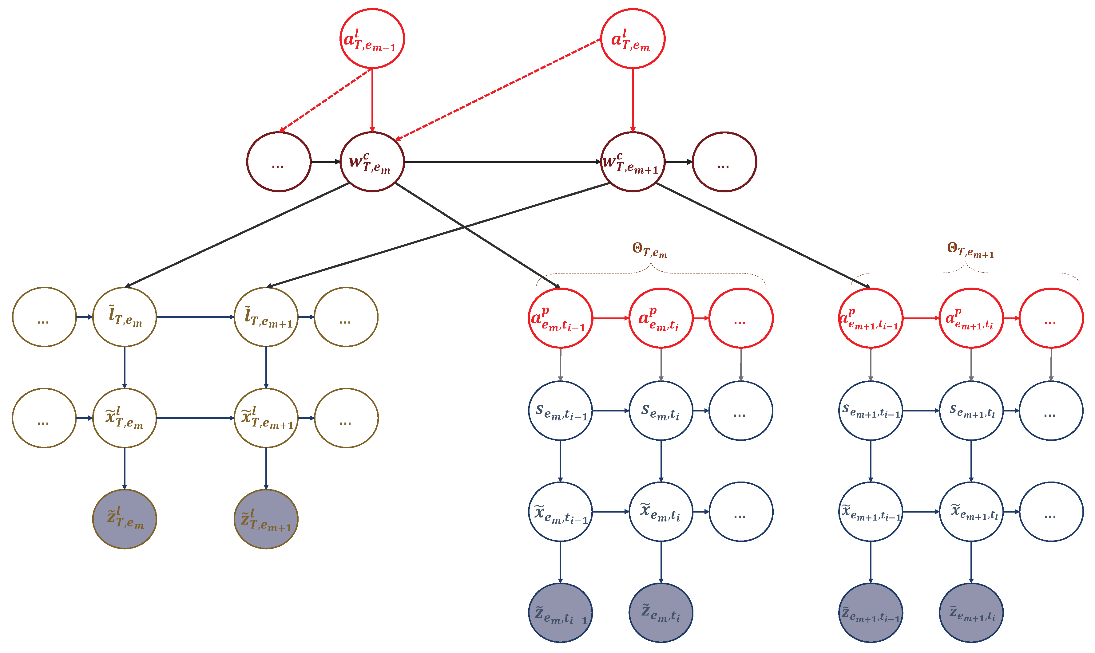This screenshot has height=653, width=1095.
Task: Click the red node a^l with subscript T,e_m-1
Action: [x=372, y=39]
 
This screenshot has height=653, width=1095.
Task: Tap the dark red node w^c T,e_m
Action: [x=372, y=162]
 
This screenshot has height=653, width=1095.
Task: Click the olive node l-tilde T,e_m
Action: [x=125, y=317]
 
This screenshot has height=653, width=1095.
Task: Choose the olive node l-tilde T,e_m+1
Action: [x=266, y=317]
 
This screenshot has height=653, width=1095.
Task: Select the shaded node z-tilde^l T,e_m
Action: [x=125, y=519]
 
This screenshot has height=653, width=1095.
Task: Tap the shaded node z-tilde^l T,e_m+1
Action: [x=266, y=519]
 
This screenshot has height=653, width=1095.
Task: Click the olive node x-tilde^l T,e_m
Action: [x=125, y=418]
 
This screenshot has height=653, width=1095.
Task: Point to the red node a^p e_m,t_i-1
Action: [x=560, y=318]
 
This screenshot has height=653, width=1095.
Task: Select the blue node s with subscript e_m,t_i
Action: [x=661, y=411]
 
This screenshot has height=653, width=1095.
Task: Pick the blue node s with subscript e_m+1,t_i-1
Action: [x=871, y=411]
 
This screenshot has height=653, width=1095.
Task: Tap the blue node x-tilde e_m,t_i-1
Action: [x=560, y=512]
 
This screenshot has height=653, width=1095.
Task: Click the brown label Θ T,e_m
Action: [x=649, y=250]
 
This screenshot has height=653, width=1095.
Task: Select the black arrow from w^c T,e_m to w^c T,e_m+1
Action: [x=502, y=162]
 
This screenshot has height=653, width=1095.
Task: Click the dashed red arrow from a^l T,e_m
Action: [x=498, y=90]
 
